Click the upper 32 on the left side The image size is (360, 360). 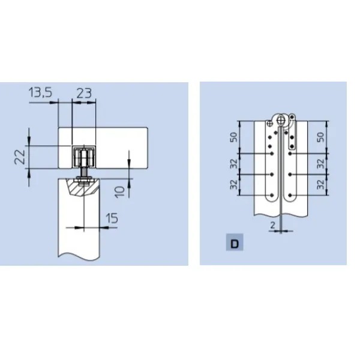click(234, 163)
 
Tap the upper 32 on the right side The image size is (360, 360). click(322, 163)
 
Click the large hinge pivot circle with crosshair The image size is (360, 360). click(281, 119)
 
